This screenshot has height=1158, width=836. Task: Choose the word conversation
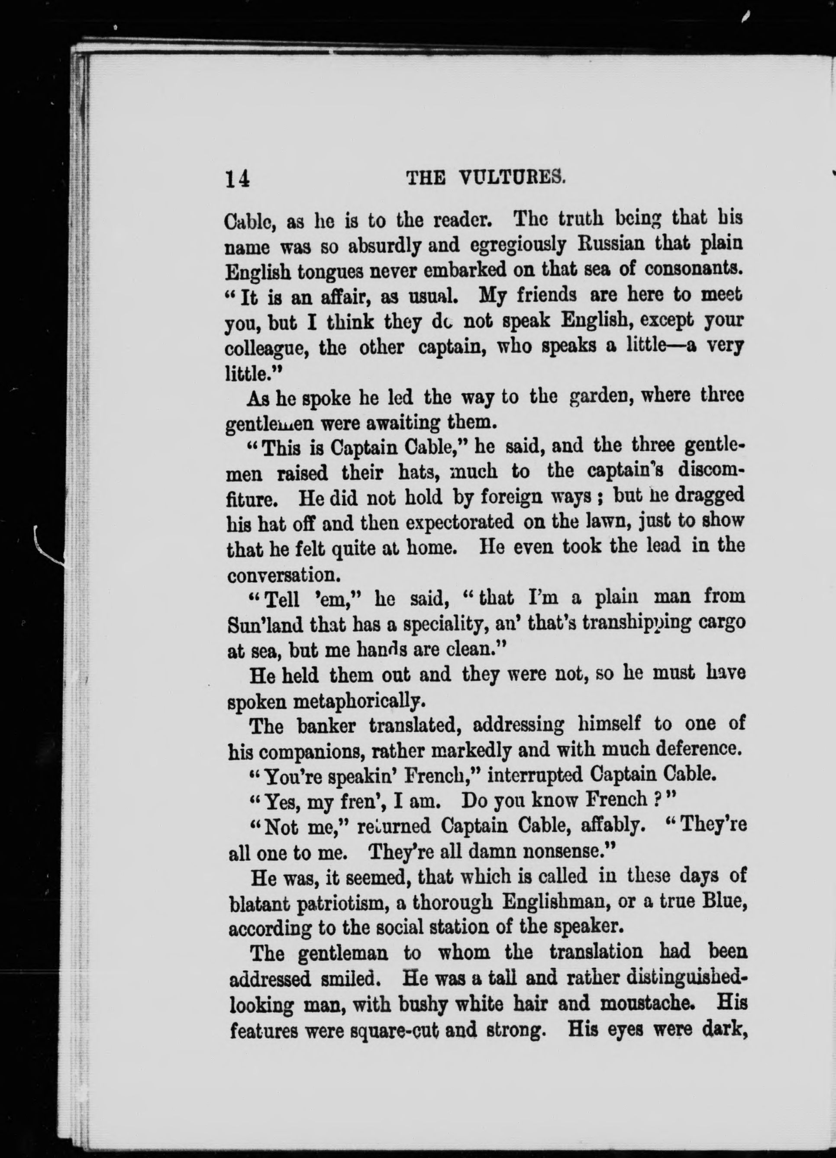pyautogui.click(x=281, y=575)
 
